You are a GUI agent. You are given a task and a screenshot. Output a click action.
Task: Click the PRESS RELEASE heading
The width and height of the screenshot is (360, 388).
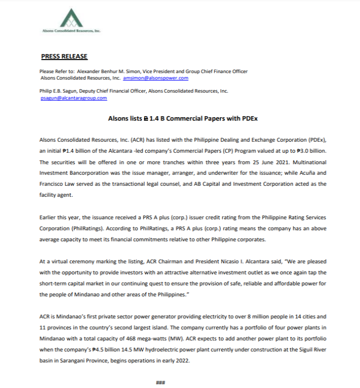pos(64,56)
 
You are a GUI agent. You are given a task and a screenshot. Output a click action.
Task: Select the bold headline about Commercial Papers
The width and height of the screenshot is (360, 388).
pos(183,119)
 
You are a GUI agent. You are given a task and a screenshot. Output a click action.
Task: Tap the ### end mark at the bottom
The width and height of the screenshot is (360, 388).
pos(160,383)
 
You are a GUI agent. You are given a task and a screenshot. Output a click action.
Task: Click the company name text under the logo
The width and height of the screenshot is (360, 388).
pos(72,31)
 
